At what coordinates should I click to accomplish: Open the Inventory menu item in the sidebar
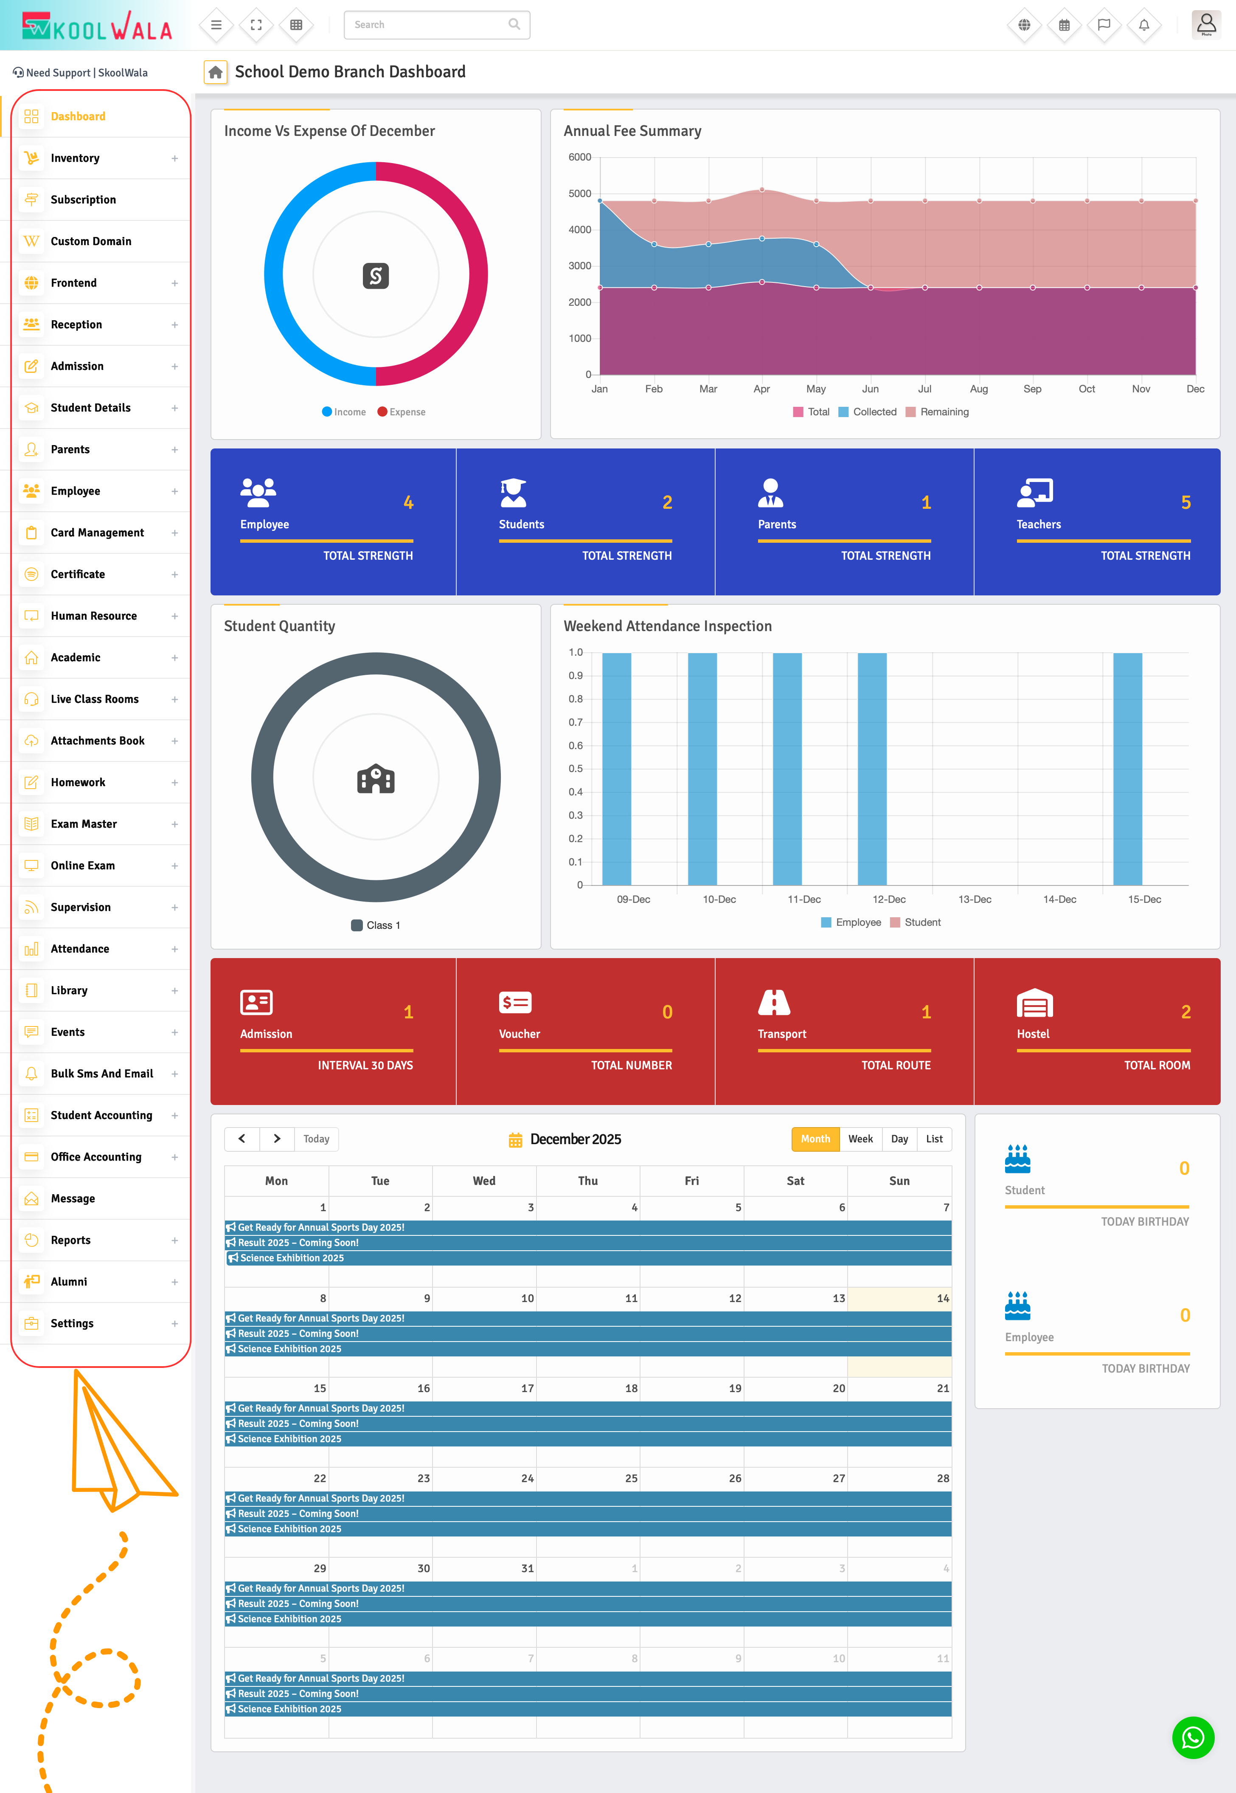click(75, 158)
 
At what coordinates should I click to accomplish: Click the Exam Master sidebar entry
click(84, 823)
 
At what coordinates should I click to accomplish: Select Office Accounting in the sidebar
click(96, 1157)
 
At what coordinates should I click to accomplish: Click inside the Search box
click(428, 25)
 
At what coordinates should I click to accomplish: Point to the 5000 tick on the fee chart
click(580, 194)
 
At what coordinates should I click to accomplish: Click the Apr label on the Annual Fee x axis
click(761, 389)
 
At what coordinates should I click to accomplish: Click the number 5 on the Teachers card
click(1185, 503)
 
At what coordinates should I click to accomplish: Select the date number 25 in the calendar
click(631, 1478)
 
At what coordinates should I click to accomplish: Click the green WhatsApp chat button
click(1193, 1738)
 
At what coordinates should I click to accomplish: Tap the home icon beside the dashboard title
click(215, 72)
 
